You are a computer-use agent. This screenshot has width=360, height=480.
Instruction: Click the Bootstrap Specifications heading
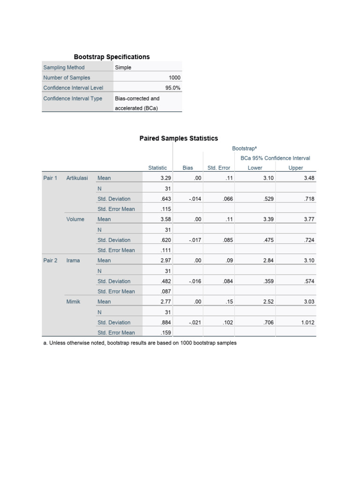tap(112, 57)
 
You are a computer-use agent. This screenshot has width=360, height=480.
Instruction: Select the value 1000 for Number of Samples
tap(174, 78)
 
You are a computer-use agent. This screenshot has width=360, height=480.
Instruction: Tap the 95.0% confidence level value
tap(172, 88)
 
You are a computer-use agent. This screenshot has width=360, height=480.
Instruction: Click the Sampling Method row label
tap(64, 67)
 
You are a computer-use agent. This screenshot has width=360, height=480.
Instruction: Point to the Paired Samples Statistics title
tap(179, 138)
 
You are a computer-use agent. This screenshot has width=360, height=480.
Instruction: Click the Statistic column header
tap(157, 168)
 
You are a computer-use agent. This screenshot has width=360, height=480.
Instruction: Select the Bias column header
tap(187, 168)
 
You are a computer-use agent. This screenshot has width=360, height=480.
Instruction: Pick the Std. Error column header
tap(219, 168)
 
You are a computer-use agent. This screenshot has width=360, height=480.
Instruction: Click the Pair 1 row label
tap(50, 178)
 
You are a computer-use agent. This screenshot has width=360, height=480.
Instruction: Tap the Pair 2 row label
tap(50, 261)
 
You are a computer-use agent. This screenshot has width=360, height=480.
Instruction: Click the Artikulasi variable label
tap(77, 178)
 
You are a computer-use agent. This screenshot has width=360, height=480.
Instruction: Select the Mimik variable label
tap(73, 302)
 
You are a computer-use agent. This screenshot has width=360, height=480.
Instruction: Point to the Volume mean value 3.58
tap(165, 219)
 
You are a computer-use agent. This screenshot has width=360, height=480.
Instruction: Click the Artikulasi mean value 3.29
tap(165, 178)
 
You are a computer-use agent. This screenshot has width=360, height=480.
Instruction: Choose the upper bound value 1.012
tap(308, 322)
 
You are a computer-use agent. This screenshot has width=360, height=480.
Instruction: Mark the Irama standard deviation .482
tap(165, 281)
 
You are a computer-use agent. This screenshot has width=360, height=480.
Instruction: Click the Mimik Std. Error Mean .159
tap(165, 333)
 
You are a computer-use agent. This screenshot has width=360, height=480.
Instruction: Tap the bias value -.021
tap(195, 322)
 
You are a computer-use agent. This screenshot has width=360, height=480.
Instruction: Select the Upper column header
tap(296, 168)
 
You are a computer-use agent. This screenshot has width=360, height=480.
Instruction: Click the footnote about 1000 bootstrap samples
tap(139, 343)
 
